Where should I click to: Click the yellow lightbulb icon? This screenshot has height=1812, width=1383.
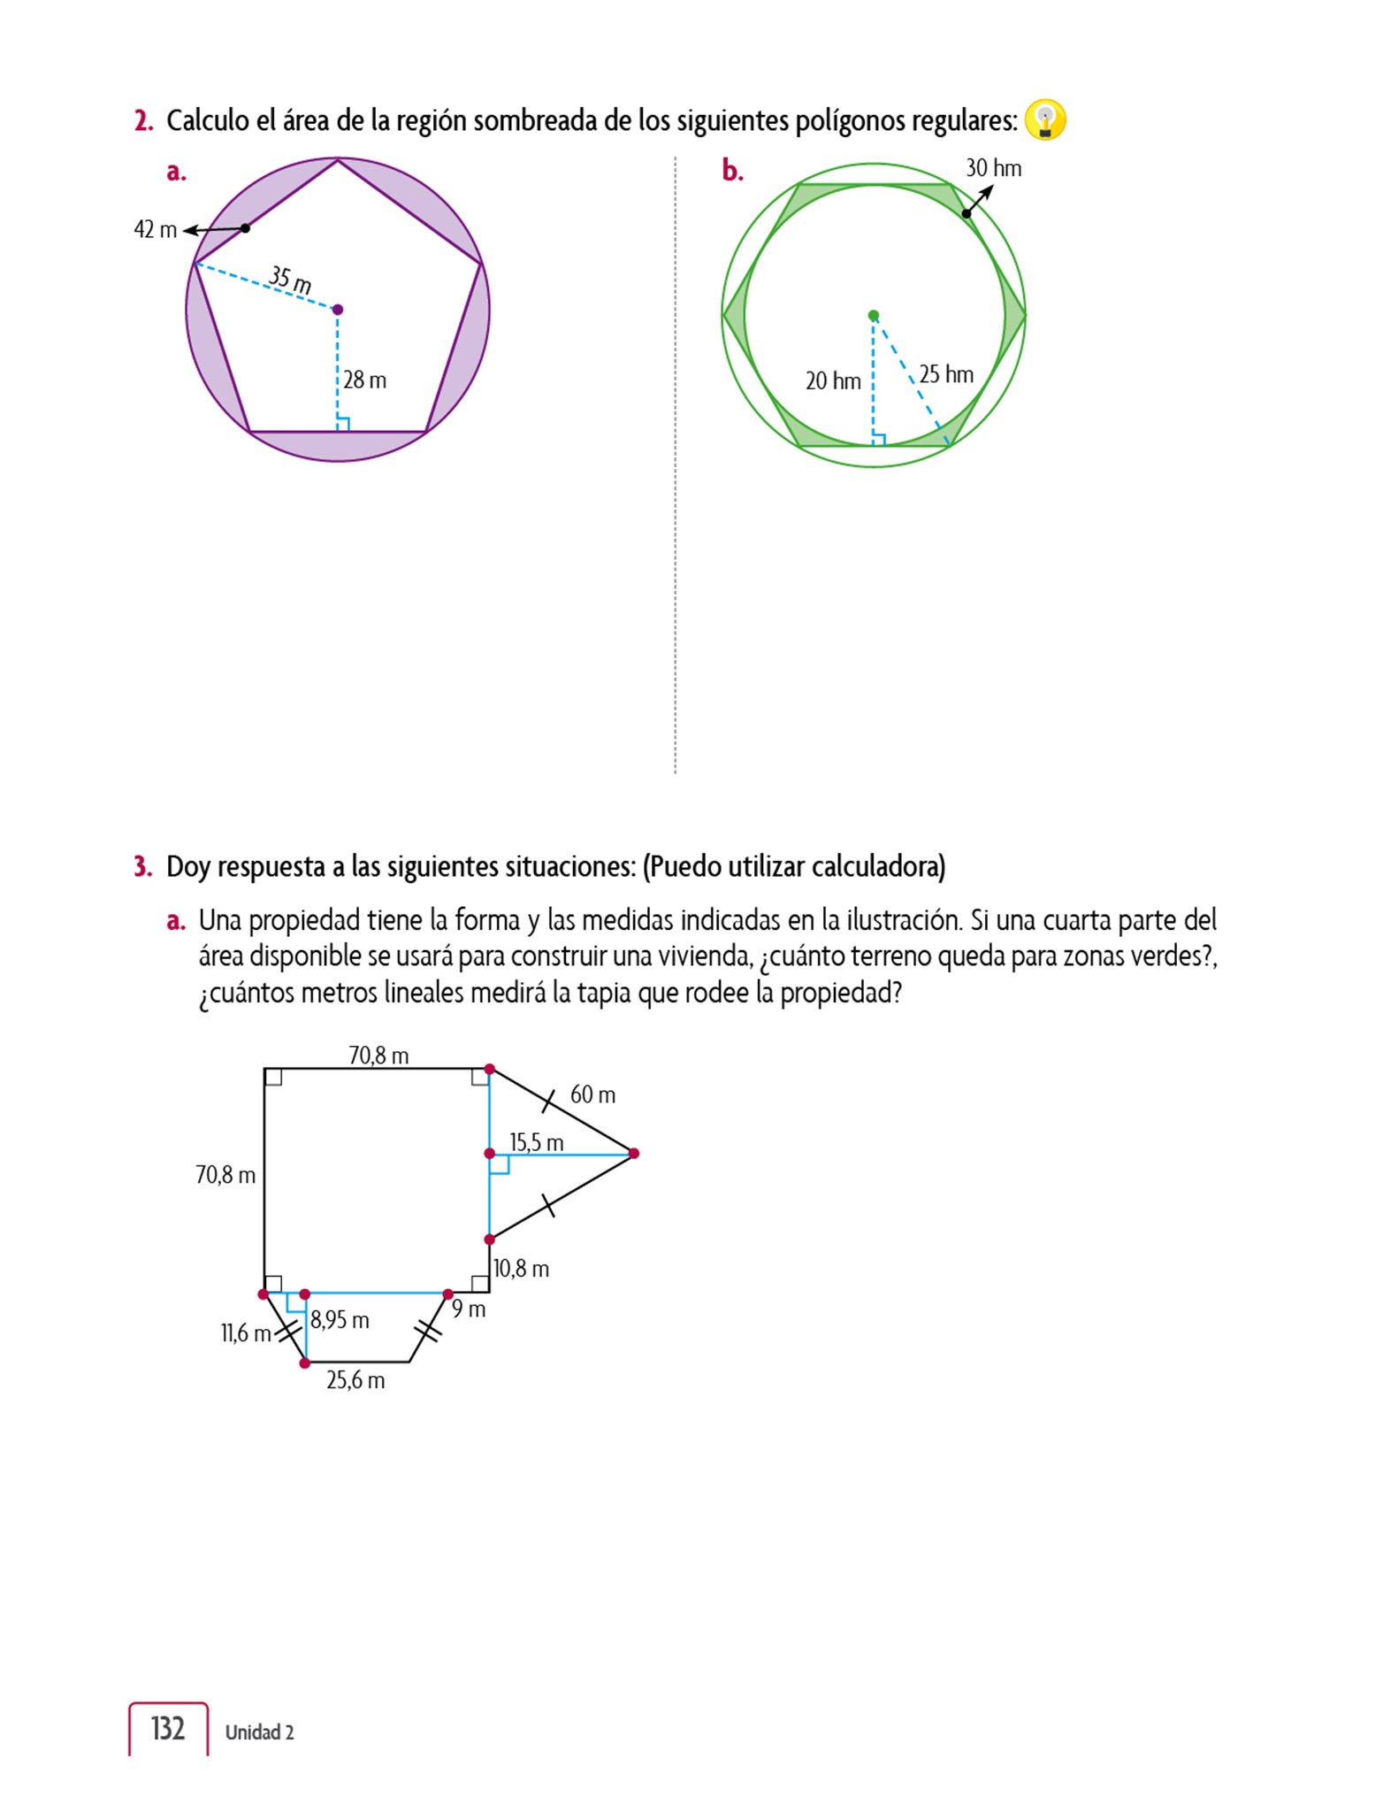[1045, 120]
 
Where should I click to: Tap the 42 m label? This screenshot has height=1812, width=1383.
[156, 230]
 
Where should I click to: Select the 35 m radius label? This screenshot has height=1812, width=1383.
[290, 280]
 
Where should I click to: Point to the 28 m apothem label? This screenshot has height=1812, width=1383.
[364, 380]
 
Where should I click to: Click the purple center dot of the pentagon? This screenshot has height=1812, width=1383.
[337, 310]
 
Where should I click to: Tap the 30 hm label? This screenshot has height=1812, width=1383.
[993, 168]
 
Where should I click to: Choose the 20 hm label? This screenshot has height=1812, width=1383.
[832, 381]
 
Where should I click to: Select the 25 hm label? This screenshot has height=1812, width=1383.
[945, 374]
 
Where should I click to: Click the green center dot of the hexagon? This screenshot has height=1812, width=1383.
[874, 316]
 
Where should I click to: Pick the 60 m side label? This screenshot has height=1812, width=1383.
[592, 1095]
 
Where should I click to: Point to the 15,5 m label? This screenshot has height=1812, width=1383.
[536, 1143]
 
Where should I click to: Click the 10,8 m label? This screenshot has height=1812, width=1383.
[521, 1269]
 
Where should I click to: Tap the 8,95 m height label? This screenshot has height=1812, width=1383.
[340, 1320]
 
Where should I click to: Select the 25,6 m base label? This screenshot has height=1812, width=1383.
[355, 1380]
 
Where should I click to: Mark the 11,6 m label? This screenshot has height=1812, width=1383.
[245, 1333]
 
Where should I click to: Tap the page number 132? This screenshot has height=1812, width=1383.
[168, 1728]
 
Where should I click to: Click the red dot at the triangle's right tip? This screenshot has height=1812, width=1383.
[633, 1154]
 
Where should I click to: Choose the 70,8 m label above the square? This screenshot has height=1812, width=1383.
[378, 1056]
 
